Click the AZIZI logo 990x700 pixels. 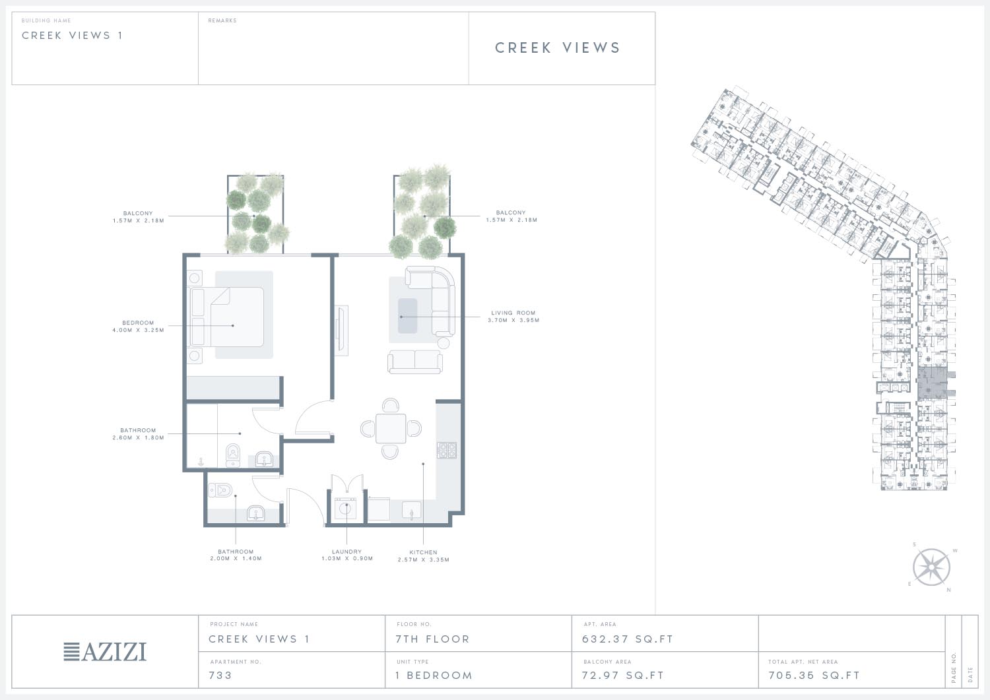click(x=105, y=652)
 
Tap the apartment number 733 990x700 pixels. click(x=220, y=676)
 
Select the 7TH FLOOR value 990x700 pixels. click(x=432, y=639)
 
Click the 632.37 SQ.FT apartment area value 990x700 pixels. click(x=628, y=639)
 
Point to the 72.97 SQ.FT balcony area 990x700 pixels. click(x=623, y=676)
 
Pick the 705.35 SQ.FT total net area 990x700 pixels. click(x=814, y=676)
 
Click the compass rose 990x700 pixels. click(x=931, y=567)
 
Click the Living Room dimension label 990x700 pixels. click(x=513, y=317)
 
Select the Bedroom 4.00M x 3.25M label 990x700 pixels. click(x=138, y=326)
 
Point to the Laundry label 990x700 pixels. click(x=347, y=555)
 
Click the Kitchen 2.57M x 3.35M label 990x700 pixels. click(x=424, y=556)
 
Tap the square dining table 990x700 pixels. click(x=391, y=429)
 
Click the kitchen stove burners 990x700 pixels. click(x=447, y=451)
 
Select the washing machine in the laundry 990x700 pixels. click(x=346, y=509)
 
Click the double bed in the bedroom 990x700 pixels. click(x=228, y=317)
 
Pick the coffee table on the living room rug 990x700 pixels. click(x=407, y=316)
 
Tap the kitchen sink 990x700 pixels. click(x=411, y=511)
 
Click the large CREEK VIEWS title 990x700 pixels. click(x=558, y=48)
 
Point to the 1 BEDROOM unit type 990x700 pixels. click(x=434, y=676)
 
